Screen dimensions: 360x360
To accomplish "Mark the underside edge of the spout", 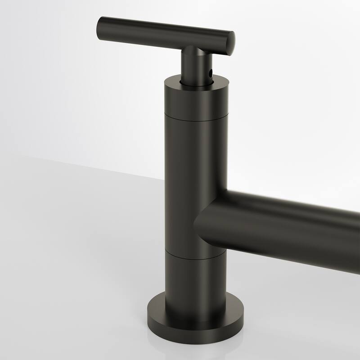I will [x=288, y=256].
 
